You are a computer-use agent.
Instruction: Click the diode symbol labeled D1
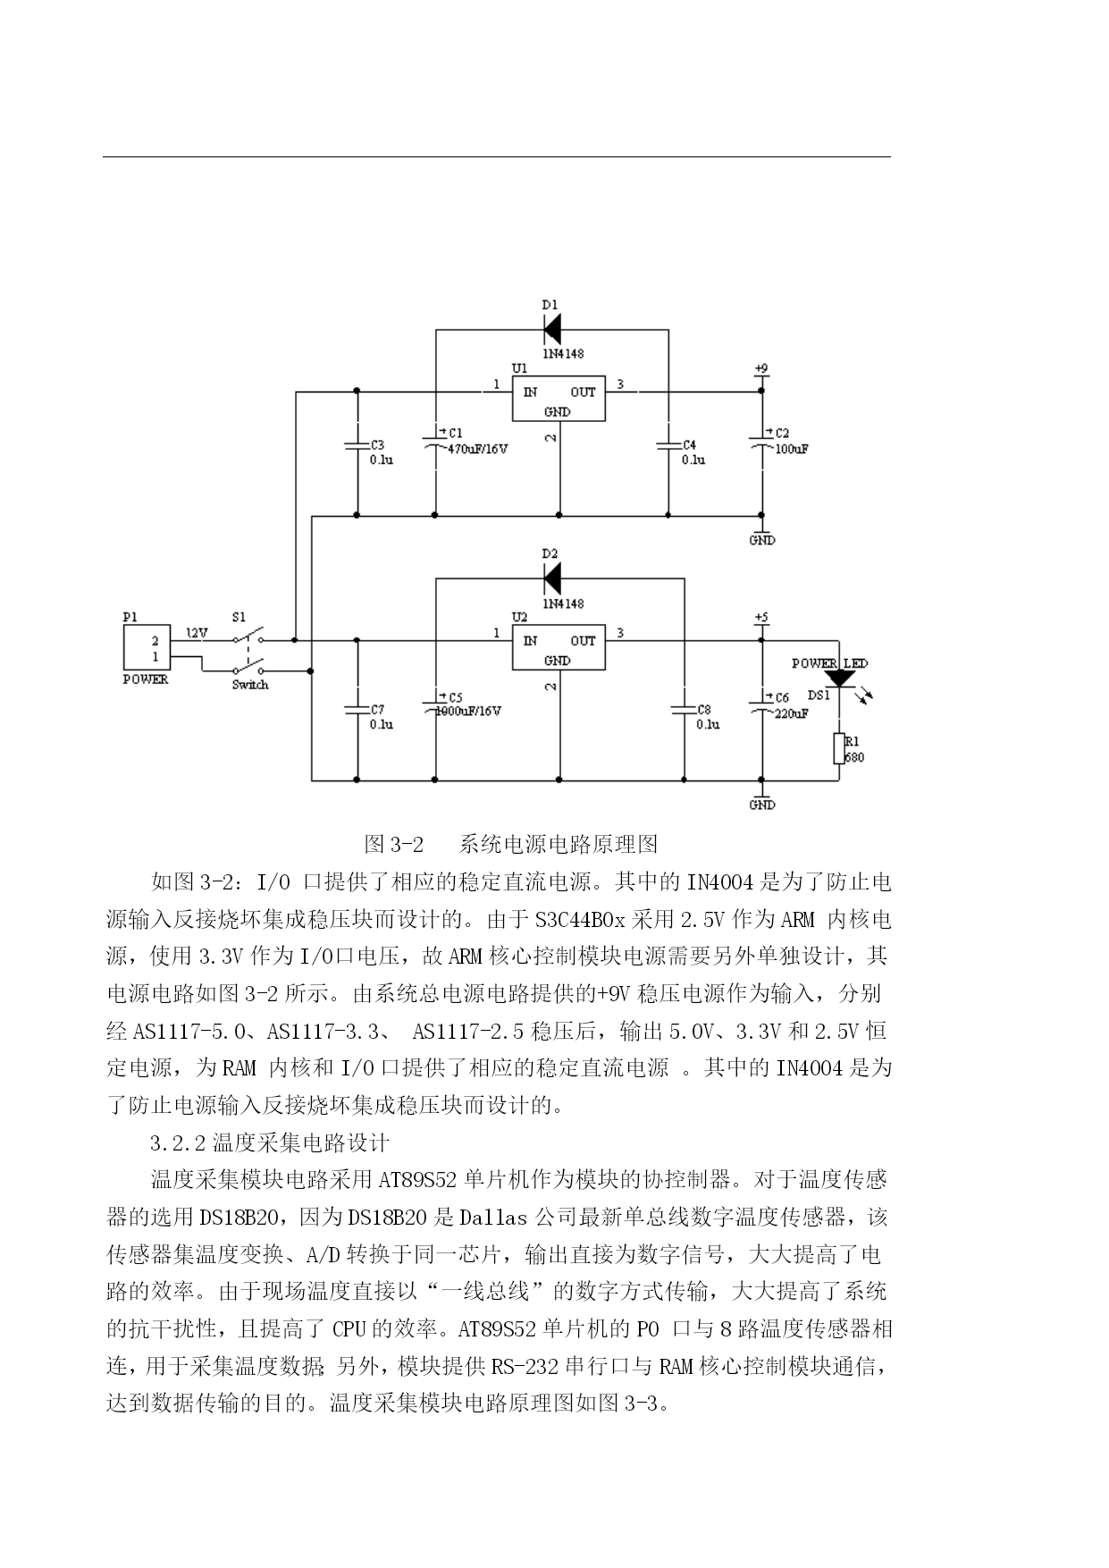tap(551, 330)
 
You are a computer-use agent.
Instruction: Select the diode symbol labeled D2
tap(551, 578)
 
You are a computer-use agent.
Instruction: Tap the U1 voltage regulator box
tap(558, 399)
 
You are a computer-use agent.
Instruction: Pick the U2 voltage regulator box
tap(558, 647)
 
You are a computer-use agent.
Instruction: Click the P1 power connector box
tap(145, 647)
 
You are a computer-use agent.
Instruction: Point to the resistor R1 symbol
tap(839, 748)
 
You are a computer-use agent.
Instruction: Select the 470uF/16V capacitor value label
tap(476, 449)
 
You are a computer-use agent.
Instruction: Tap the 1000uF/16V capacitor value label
tap(468, 711)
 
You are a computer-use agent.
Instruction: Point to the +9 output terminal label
tap(761, 368)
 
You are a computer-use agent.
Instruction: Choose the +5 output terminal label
tap(761, 617)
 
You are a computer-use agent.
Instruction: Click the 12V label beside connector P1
tap(197, 633)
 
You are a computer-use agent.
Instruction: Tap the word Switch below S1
tap(250, 685)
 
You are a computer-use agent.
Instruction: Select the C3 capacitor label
tap(377, 444)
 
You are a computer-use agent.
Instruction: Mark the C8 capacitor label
tap(704, 709)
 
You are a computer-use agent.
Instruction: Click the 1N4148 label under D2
tap(563, 603)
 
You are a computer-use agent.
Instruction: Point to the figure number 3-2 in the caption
tap(407, 844)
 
